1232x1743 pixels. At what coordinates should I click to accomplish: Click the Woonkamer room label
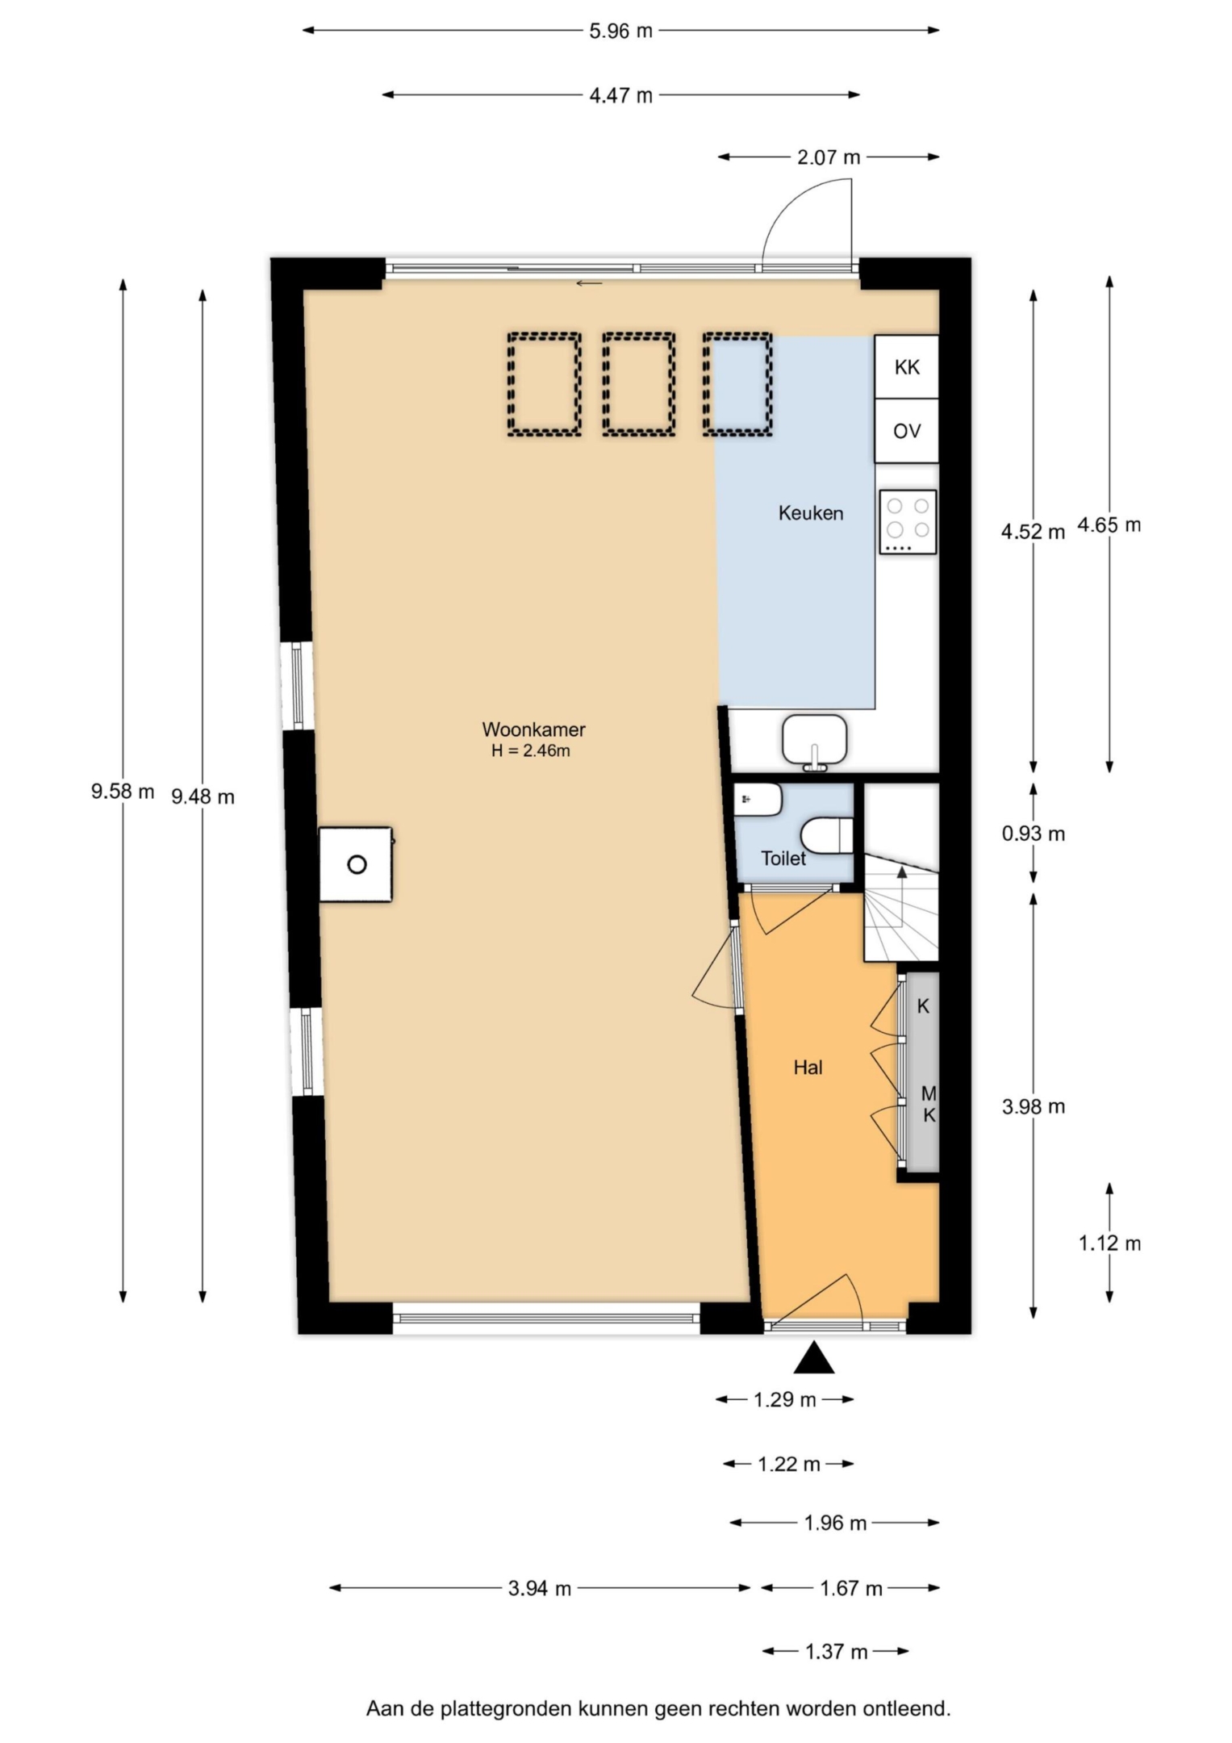[x=533, y=729]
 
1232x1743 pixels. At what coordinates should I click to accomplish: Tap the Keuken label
[x=811, y=513]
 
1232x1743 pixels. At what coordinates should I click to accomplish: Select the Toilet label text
[x=783, y=859]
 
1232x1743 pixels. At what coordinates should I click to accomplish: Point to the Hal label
[x=808, y=1068]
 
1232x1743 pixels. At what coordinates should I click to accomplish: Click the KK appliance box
[x=907, y=367]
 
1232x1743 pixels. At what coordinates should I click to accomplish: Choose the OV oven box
[x=907, y=431]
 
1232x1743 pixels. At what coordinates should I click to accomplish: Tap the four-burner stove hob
[x=908, y=522]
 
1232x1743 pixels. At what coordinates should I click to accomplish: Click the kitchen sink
[x=815, y=739]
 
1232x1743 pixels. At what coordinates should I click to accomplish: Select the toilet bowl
[x=828, y=836]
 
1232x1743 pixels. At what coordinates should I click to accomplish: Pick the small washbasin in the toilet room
[x=758, y=800]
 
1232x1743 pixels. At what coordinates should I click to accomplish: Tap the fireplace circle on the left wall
[x=357, y=865]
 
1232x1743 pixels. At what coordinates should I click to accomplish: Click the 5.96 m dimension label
[x=620, y=31]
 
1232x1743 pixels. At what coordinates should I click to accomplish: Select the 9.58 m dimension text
[x=123, y=792]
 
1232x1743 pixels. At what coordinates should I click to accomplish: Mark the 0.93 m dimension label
[x=1034, y=834]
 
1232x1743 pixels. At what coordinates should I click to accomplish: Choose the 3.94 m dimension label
[x=540, y=1589]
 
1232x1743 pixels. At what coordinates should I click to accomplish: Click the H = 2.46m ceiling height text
[x=531, y=751]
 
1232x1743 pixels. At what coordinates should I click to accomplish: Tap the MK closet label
[x=929, y=1105]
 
